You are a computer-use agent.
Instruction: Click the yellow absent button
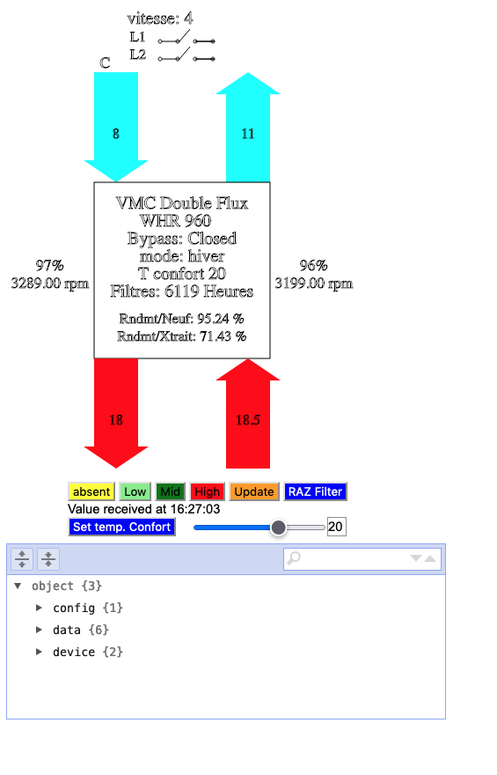pyautogui.click(x=91, y=491)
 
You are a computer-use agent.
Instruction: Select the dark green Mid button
pyautogui.click(x=171, y=491)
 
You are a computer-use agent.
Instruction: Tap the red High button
pyautogui.click(x=208, y=491)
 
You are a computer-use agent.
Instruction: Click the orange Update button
pyautogui.click(x=254, y=491)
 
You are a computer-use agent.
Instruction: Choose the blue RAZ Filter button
pyautogui.click(x=316, y=491)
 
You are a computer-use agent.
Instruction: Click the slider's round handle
pyautogui.click(x=278, y=528)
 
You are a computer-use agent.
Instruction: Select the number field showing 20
pyautogui.click(x=337, y=527)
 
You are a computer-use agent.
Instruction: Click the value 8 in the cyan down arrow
pyautogui.click(x=116, y=134)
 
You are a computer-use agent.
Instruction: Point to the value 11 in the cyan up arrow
pyautogui.click(x=248, y=134)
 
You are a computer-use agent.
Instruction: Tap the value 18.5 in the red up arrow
pyautogui.click(x=248, y=420)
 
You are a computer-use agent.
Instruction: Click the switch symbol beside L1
pyautogui.click(x=186, y=38)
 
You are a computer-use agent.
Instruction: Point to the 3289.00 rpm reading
pyautogui.click(x=50, y=284)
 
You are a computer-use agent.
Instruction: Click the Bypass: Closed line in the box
pyautogui.click(x=182, y=239)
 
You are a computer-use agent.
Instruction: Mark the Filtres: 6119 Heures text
pyautogui.click(x=182, y=292)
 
